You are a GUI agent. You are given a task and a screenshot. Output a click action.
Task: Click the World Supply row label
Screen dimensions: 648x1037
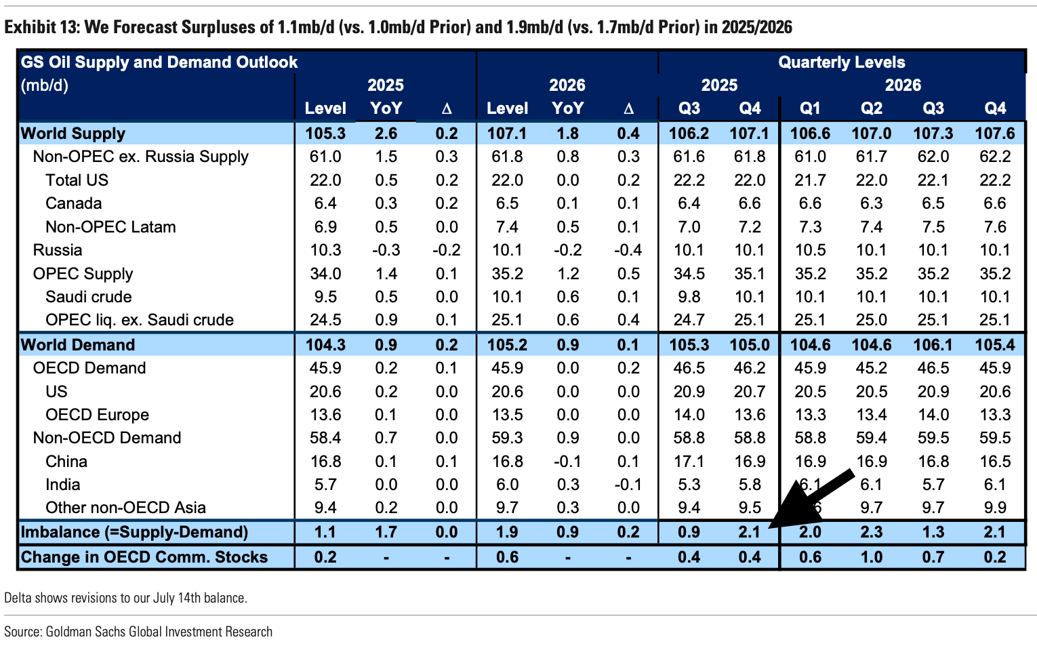point(73,133)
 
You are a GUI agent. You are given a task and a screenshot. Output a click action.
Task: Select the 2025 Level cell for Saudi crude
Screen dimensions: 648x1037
point(325,297)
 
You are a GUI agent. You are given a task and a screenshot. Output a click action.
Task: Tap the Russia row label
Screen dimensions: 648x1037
point(58,250)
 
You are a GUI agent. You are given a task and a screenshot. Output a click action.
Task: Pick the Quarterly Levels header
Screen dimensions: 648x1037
point(841,62)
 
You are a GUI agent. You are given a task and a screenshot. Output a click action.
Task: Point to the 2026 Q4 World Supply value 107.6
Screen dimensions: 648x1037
point(994,133)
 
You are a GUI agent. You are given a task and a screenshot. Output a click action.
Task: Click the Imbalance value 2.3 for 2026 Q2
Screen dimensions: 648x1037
point(871,532)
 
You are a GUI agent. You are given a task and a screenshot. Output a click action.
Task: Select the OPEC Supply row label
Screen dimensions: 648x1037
point(83,274)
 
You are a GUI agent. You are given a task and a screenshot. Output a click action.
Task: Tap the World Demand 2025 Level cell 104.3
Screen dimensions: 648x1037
point(325,344)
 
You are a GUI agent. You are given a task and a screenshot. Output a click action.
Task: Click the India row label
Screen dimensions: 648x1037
point(63,485)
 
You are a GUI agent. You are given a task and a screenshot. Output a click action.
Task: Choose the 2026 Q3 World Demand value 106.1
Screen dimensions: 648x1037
point(933,344)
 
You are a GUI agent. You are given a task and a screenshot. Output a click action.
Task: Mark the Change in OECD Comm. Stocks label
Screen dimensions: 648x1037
point(144,557)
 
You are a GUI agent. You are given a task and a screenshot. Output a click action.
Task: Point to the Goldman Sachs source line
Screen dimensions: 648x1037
point(138,632)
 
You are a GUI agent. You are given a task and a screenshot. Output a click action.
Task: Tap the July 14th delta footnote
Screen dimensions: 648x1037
point(125,598)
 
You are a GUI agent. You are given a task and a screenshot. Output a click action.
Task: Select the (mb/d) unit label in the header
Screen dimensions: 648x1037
point(45,85)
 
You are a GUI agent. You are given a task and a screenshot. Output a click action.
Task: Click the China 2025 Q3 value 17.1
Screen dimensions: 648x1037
point(689,462)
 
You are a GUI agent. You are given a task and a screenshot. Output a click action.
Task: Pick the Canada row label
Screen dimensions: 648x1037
point(73,203)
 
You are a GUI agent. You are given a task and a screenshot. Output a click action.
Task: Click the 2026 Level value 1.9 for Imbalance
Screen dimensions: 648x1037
point(507,532)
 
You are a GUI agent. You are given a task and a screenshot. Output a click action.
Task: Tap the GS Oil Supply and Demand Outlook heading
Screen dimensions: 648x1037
point(159,62)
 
